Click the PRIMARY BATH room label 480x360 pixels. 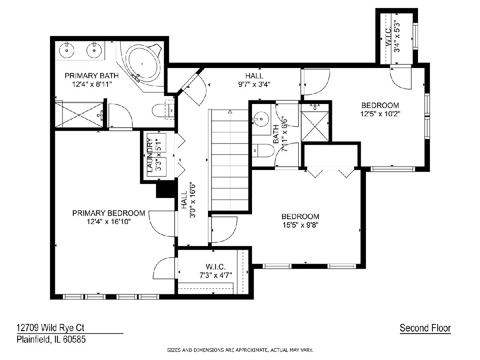click(92, 76)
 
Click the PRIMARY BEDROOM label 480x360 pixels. click(109, 213)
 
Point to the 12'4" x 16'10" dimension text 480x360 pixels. click(109, 222)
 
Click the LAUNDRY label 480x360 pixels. click(150, 155)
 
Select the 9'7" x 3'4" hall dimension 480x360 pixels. click(254, 84)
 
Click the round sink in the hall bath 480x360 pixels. click(261, 119)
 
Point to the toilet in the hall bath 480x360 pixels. click(263, 150)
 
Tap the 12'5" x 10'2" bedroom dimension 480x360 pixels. click(380, 114)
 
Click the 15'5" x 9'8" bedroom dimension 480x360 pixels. click(300, 225)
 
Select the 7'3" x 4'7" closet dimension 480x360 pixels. click(216, 275)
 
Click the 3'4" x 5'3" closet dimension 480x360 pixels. click(397, 36)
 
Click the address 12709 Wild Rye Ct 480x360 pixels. click(50, 328)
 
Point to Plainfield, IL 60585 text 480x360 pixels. click(51, 340)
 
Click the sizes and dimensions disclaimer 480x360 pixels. click(240, 350)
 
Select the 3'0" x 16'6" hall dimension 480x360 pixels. click(192, 200)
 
